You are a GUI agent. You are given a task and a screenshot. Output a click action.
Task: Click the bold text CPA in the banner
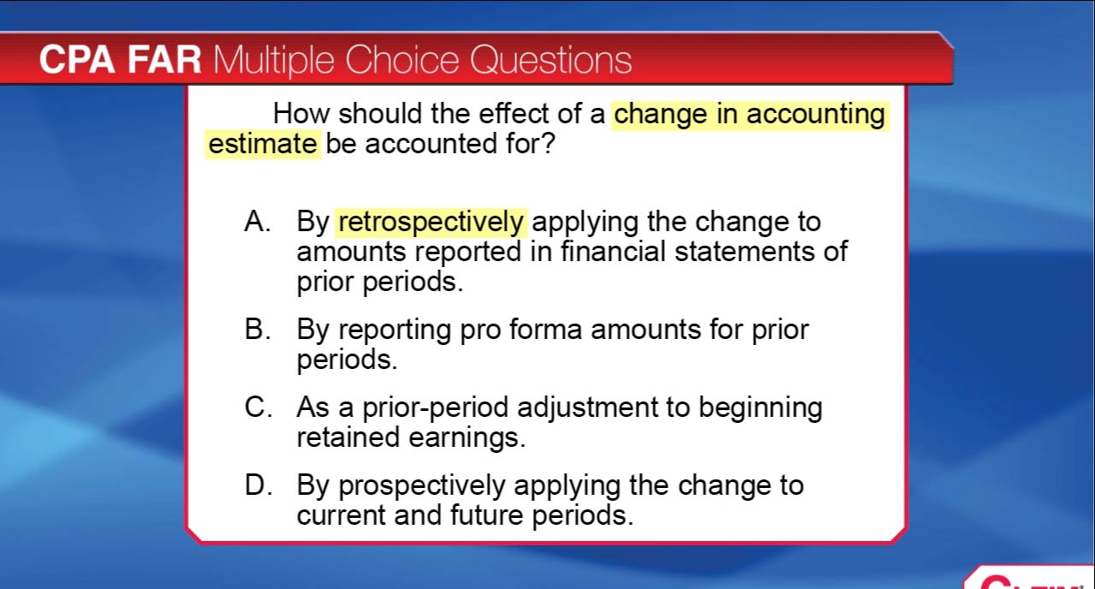coord(77,60)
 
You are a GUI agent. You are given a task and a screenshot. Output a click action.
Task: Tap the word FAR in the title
coord(164,60)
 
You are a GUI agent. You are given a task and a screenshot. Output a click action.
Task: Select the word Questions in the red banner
coord(551,60)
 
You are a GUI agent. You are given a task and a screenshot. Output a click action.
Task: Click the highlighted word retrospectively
coord(430,223)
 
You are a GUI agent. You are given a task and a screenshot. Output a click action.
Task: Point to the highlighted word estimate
coord(263,144)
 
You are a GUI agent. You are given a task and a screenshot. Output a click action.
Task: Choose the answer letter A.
coord(257,221)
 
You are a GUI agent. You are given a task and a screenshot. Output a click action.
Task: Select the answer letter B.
coord(257,329)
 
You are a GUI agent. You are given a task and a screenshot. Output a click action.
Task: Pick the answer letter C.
coord(257,407)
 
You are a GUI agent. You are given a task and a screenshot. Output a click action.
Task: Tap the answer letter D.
coord(258,485)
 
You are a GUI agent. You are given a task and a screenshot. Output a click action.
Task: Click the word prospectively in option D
coord(422,487)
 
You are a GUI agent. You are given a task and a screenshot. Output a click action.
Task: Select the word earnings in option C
coord(467,438)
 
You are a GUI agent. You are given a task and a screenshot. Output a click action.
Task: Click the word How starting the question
coord(301,114)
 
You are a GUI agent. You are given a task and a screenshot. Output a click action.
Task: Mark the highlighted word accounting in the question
coord(815,116)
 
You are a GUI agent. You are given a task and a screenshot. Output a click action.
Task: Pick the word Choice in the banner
coord(402,60)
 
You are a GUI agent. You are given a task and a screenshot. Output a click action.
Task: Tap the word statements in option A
coord(744,252)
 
